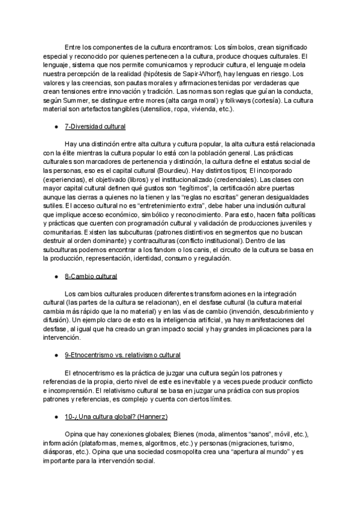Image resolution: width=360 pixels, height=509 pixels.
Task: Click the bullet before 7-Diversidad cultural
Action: [x=56, y=128]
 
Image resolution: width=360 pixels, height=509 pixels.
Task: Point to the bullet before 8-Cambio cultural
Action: [x=56, y=276]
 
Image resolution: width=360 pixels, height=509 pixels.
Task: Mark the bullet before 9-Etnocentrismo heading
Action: [x=56, y=355]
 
